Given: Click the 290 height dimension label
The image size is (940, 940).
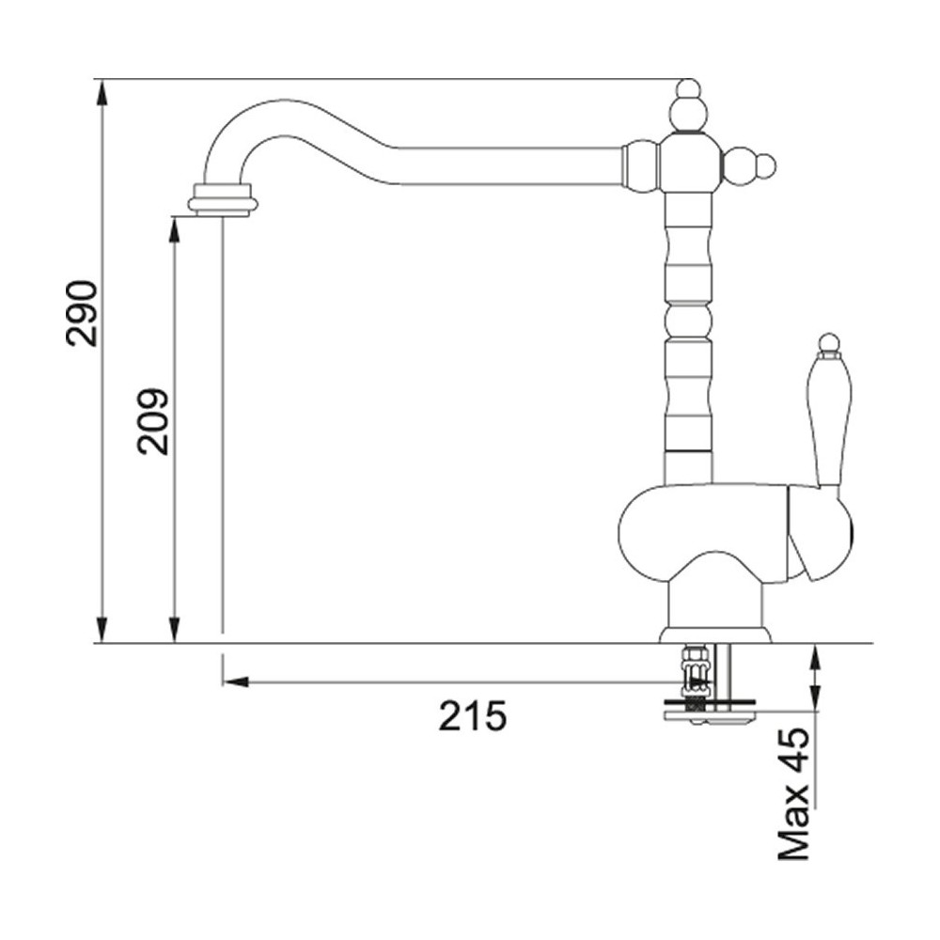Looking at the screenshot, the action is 82,313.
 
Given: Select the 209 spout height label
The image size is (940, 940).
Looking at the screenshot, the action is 153,421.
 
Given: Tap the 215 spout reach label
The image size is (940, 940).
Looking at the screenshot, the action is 473,715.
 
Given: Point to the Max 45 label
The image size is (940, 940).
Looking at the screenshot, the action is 793,793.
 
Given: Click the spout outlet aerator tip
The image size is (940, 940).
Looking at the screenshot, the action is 223,198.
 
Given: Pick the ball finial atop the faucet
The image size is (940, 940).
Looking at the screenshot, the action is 687,107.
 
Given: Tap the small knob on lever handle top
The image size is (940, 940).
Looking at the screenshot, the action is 828,343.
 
